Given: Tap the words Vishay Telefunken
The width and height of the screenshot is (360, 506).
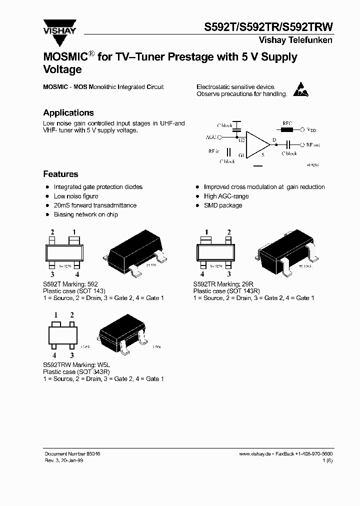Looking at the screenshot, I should (295, 40).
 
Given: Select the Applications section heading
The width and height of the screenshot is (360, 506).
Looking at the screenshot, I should (68, 113).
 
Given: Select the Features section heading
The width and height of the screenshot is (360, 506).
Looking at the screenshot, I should (60, 174).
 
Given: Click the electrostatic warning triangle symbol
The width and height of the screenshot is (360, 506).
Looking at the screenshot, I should (299, 89).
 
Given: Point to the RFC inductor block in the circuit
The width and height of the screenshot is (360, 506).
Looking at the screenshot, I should (287, 129).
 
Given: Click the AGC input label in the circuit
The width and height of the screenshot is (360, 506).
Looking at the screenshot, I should (211, 136).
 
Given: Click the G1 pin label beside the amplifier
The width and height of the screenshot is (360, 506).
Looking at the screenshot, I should (241, 155).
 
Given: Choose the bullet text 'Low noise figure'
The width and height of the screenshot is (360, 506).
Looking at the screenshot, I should (76, 196).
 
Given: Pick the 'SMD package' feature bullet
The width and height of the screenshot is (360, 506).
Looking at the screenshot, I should (223, 205).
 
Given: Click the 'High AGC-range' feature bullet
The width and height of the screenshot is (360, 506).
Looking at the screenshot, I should (226, 196).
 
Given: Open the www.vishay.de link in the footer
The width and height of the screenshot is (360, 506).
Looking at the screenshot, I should (255, 453).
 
